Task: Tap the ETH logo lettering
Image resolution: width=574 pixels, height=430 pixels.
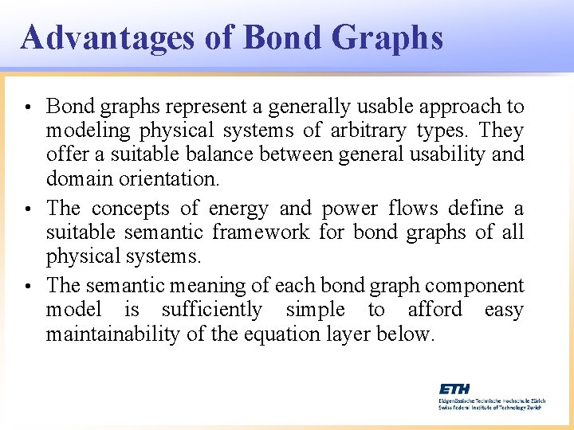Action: (x=454, y=389)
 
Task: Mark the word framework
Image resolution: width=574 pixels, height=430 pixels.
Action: (x=262, y=233)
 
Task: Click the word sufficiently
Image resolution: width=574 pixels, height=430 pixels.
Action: (x=211, y=310)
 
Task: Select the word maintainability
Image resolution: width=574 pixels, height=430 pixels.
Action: (x=112, y=334)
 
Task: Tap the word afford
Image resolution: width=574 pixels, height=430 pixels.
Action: (x=435, y=310)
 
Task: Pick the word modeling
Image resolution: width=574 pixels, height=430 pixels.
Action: (x=89, y=130)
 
